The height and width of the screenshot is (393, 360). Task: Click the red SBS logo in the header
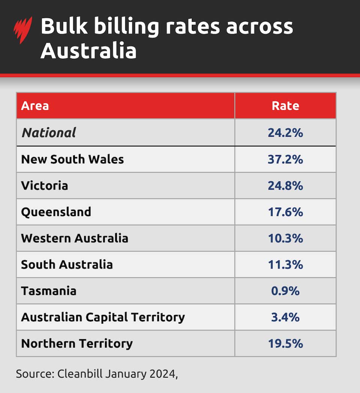click(x=23, y=30)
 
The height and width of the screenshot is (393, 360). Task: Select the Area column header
click(x=35, y=106)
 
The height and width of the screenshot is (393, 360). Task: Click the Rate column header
click(x=285, y=106)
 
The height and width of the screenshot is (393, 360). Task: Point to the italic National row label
click(x=49, y=133)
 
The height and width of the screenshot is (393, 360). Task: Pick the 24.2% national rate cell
click(x=285, y=133)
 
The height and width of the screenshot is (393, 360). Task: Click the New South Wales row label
click(x=72, y=159)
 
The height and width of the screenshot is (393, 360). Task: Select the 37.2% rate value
click(x=285, y=159)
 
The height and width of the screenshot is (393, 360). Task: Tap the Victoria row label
click(x=45, y=185)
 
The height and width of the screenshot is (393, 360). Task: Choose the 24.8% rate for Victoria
click(x=285, y=185)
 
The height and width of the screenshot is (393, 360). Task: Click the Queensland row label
click(x=56, y=212)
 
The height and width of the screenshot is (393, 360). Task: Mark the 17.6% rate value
click(x=285, y=212)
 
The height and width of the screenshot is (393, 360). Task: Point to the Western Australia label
click(x=75, y=238)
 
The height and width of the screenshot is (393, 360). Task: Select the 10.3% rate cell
click(x=285, y=238)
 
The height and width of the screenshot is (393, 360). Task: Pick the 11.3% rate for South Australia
click(x=285, y=264)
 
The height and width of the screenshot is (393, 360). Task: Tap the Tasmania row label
click(x=49, y=291)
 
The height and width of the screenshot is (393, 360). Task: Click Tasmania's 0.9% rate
click(x=285, y=291)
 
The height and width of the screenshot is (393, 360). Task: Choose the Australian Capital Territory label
click(x=103, y=317)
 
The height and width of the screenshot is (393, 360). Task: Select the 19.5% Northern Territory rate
click(x=285, y=344)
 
